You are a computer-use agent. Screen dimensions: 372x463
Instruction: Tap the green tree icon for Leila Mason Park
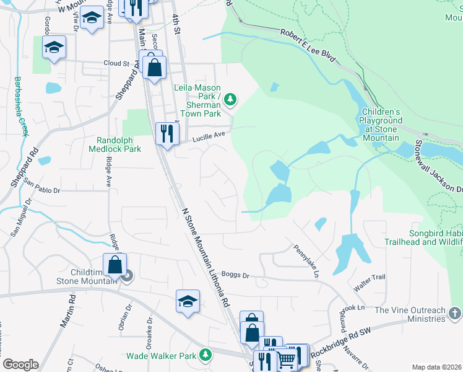pos(230,99)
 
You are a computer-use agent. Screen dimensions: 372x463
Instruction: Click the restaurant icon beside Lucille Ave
pos(167,134)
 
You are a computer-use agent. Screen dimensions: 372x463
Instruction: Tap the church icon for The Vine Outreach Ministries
pos(455,314)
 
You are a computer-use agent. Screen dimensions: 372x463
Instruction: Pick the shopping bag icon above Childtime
pos(115,265)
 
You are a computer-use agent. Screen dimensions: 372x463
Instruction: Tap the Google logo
pos(20,365)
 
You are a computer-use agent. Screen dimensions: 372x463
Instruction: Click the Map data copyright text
pos(436,367)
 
